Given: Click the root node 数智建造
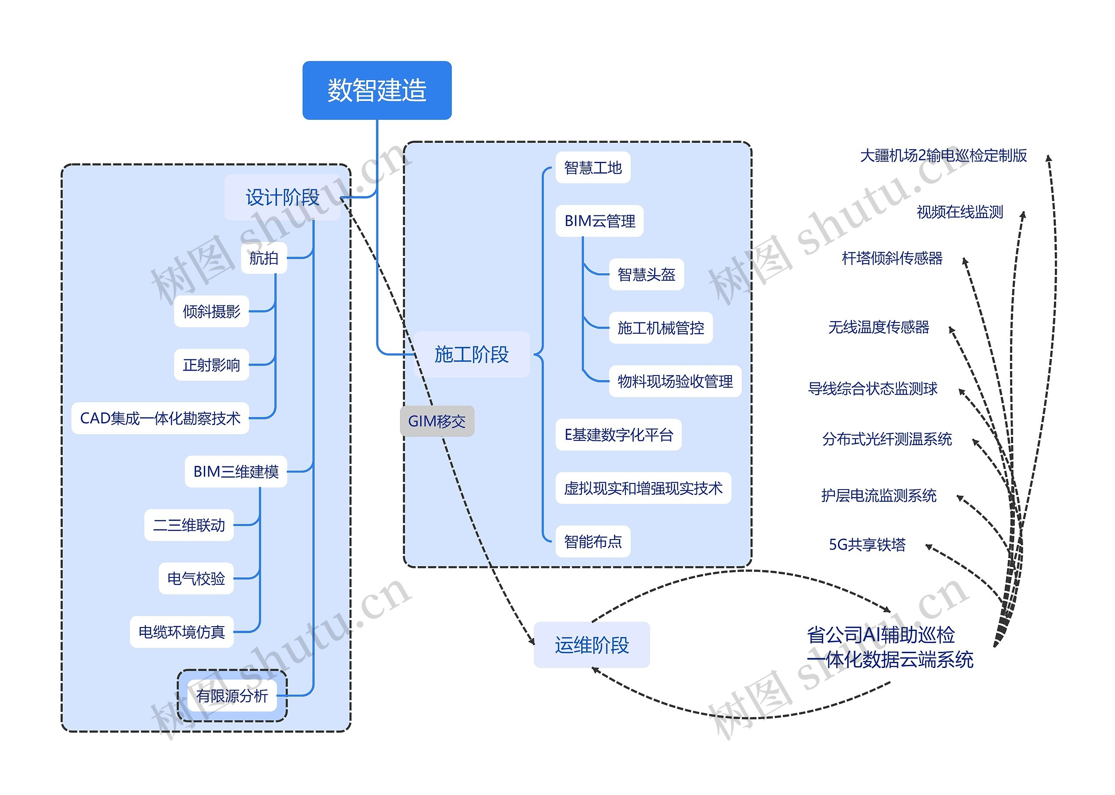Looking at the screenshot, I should pyautogui.click(x=376, y=90).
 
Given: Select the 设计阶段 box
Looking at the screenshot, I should pyautogui.click(x=282, y=197).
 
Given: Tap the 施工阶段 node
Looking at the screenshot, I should pyautogui.click(x=471, y=354).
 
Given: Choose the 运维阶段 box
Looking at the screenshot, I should pyautogui.click(x=591, y=645).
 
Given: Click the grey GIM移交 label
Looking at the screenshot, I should pyautogui.click(x=437, y=421).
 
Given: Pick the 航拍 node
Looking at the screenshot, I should pyautogui.click(x=264, y=258).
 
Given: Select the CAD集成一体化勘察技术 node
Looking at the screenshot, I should pyautogui.click(x=160, y=418).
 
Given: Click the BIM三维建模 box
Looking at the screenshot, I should pyautogui.click(x=236, y=471).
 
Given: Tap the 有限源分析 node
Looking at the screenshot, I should pyautogui.click(x=232, y=695).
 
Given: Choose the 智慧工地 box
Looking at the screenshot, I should pyautogui.click(x=592, y=168).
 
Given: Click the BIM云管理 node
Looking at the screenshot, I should pyautogui.click(x=599, y=221).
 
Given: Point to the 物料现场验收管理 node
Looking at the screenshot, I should pyautogui.click(x=675, y=381).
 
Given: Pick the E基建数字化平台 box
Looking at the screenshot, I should pyautogui.click(x=618, y=434).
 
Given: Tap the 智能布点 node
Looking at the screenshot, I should pyautogui.click(x=592, y=541).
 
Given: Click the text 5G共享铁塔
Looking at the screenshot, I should pyautogui.click(x=867, y=544).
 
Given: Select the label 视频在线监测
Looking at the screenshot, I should pyautogui.click(x=959, y=212).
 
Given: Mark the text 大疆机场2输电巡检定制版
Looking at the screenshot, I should pyautogui.click(x=943, y=155).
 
